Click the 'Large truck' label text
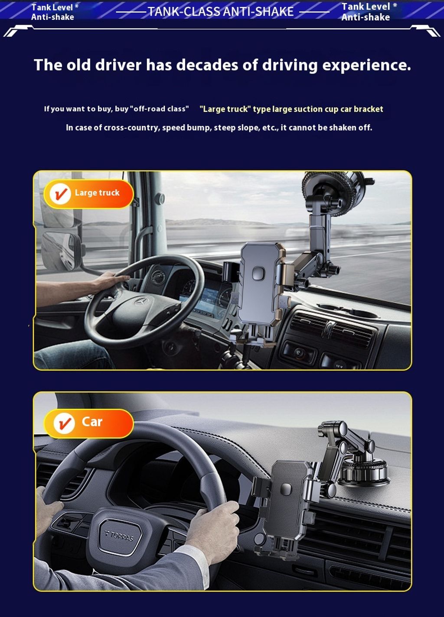pos(97,193)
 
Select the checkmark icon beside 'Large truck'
pos(60,194)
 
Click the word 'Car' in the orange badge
pos(92,422)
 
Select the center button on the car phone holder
pos(286,488)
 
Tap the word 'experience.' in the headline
pos(366,65)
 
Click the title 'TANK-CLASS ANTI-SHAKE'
pos(221,12)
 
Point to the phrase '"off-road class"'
pos(161,109)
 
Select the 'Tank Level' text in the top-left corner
pos(52,7)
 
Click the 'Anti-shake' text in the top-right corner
pos(366,17)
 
